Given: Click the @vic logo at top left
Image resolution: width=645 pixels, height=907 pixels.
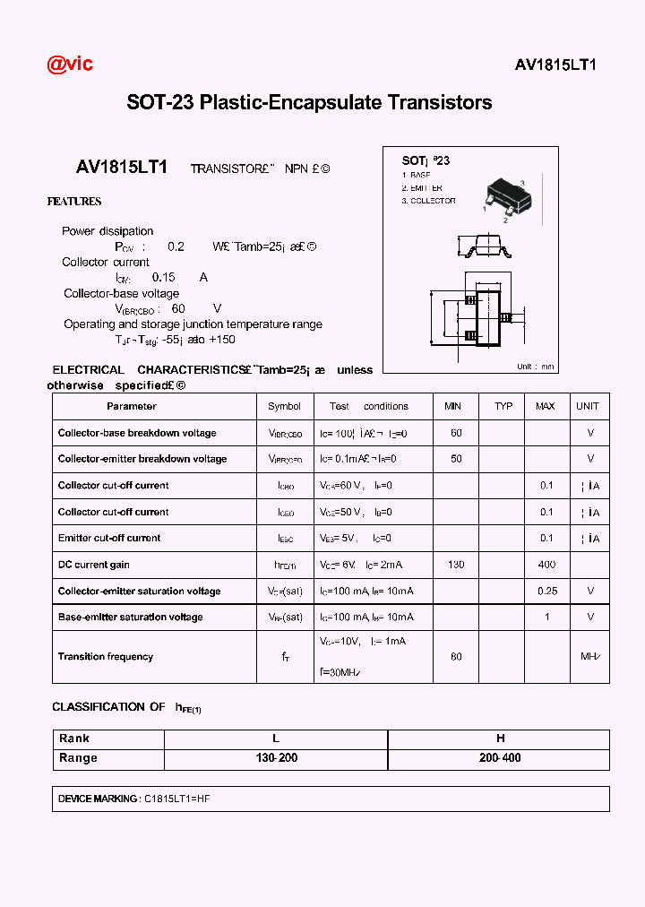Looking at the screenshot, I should coord(70,64).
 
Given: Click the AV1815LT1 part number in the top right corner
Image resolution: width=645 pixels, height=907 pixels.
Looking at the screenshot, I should coord(555,65).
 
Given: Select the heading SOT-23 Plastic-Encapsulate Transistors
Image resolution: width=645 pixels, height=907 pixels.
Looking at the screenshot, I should coord(309,102).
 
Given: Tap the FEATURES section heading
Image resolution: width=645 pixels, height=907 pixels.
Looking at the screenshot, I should coord(74,202).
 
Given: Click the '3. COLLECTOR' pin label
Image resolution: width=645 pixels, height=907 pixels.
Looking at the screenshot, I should coord(428,201).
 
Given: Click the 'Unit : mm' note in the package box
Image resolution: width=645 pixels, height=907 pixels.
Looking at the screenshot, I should coord(536,366).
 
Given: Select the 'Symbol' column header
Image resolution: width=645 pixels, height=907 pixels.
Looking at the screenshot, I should coord(284,406).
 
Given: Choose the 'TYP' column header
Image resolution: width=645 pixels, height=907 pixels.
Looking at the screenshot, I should coord(503,406).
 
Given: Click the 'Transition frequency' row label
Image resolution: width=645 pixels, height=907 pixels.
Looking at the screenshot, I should coord(106,657).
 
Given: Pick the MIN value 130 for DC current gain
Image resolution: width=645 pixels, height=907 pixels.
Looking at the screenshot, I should coord(456,565).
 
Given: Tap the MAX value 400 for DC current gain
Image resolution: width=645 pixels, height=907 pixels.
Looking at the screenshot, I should coord(546,565).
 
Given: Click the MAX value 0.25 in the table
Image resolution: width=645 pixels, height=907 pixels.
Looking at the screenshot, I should coord(546,592).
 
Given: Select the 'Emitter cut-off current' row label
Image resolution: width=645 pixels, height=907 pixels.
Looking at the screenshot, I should coord(109,539).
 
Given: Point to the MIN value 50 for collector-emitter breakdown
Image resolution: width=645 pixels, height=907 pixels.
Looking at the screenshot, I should coord(456,459).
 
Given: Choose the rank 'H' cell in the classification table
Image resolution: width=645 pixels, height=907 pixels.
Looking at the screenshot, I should coord(500,739).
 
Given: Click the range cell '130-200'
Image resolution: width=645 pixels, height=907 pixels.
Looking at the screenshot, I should coord(276,758).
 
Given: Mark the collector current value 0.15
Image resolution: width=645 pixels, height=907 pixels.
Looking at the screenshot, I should coord(164,278).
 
